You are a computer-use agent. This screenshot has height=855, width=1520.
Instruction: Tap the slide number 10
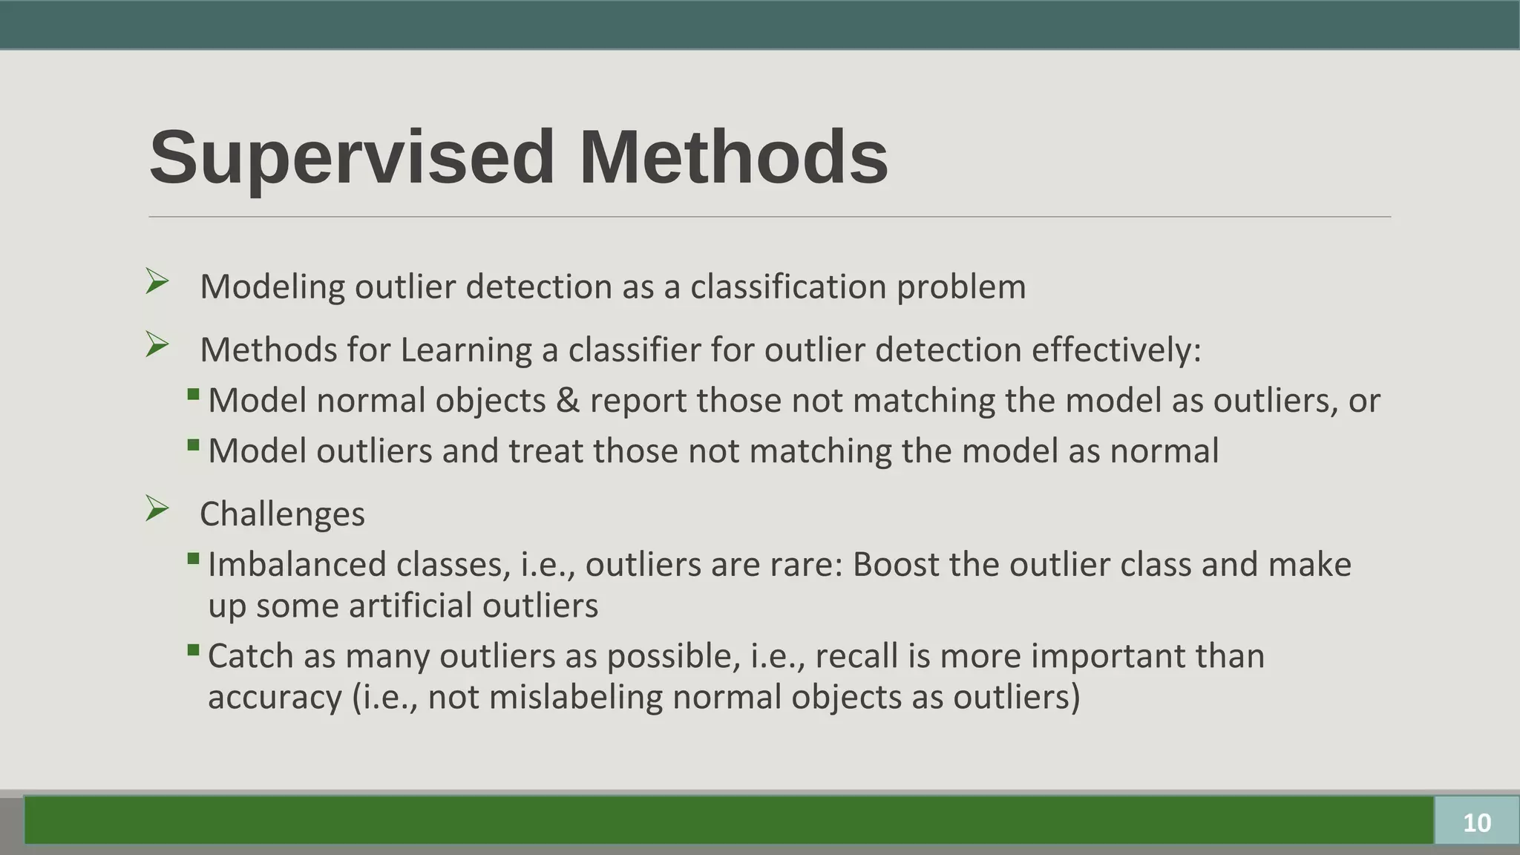pos(1476,822)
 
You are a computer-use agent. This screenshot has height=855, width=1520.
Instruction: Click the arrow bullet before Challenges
pos(157,508)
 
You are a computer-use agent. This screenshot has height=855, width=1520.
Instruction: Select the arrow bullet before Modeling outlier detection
pos(157,281)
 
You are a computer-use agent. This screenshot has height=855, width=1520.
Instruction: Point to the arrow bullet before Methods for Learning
pos(157,344)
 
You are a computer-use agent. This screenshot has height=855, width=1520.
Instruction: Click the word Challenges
pos(282,514)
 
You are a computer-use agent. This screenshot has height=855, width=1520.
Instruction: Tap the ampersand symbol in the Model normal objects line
pos(567,401)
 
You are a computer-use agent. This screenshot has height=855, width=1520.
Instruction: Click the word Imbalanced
pos(297,565)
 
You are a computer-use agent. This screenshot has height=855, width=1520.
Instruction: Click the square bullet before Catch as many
pos(194,651)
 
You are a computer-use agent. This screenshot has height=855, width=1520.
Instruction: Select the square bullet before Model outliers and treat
pos(194,445)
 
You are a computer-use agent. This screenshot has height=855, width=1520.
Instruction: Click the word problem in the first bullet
pos(961,287)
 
